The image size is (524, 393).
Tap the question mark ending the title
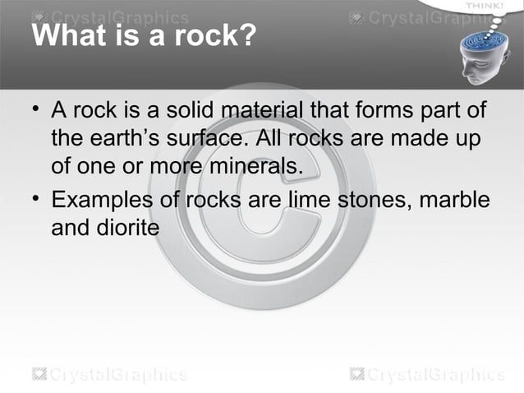(x=247, y=37)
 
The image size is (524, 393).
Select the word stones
(x=378, y=200)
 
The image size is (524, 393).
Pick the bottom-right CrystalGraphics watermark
(x=427, y=375)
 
